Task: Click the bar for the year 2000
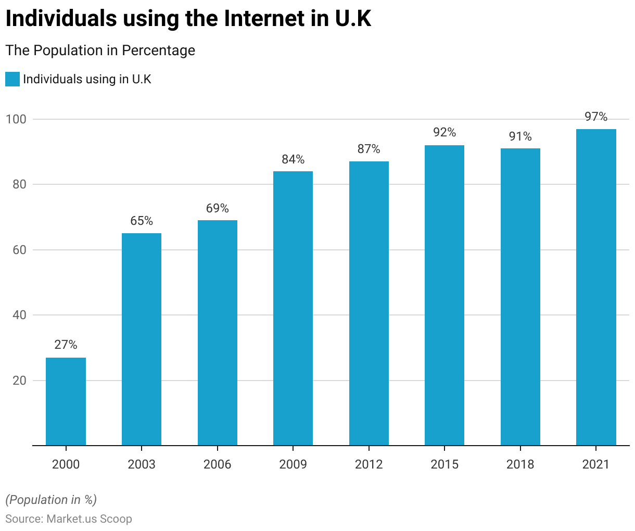click(66, 401)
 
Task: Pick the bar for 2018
click(520, 297)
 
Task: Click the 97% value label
click(596, 117)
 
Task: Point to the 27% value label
click(66, 345)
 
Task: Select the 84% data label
click(293, 159)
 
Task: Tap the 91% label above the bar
click(520, 136)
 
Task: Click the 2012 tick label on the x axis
click(369, 464)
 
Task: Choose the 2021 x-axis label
click(596, 464)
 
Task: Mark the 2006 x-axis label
click(217, 464)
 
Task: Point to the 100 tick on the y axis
click(16, 119)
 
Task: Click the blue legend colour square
click(12, 79)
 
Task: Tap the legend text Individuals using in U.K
click(87, 79)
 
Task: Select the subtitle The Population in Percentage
click(100, 50)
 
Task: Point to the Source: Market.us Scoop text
click(69, 519)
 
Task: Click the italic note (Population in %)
click(51, 500)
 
